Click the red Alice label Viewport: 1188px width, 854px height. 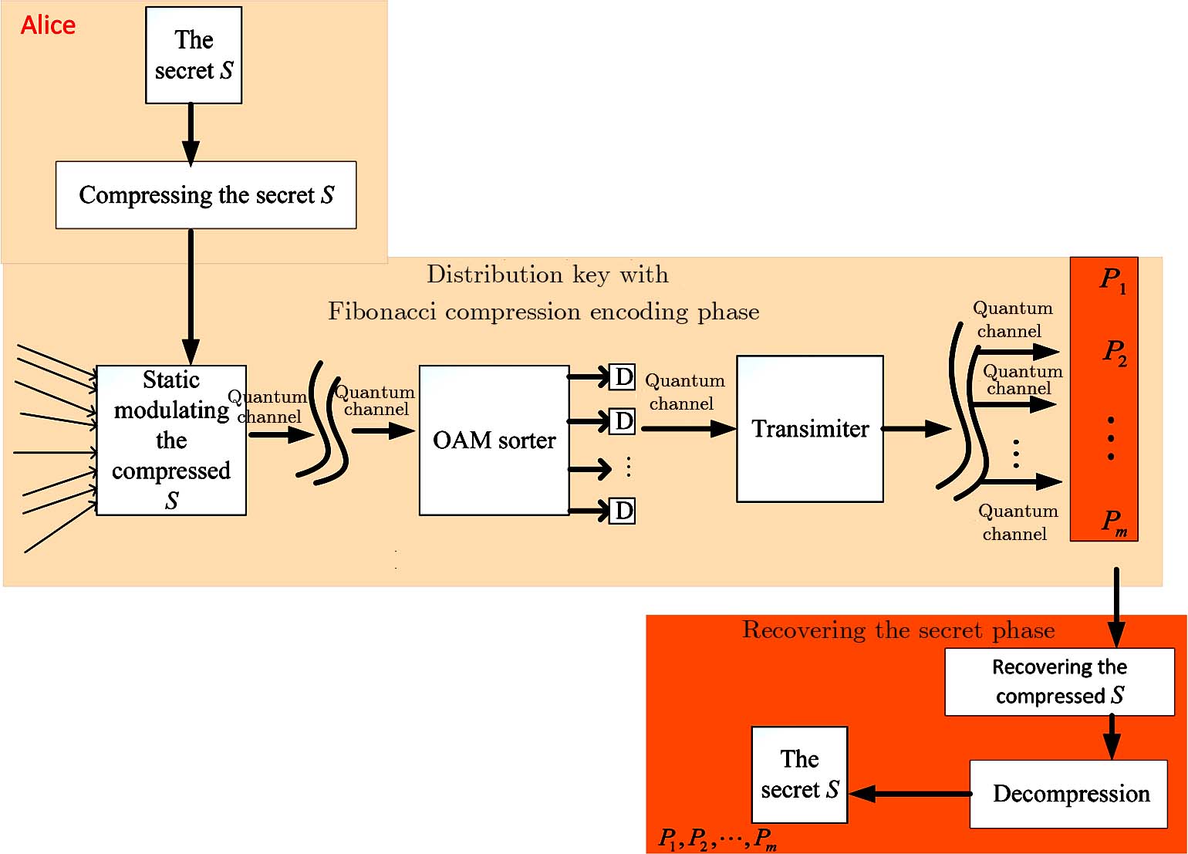[x=48, y=25]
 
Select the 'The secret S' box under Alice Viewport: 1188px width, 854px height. [x=194, y=56]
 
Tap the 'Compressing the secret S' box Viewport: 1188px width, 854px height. [x=206, y=195]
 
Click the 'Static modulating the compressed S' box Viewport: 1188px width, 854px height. [x=171, y=441]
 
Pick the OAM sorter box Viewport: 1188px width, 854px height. [x=494, y=441]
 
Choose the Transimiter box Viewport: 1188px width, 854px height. [x=810, y=429]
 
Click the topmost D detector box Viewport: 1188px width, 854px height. [x=623, y=377]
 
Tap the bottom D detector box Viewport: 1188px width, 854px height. [x=623, y=511]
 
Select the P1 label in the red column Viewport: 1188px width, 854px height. [x=1112, y=279]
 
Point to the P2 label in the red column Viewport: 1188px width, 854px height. [x=1114, y=352]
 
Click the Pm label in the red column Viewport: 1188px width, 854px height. [x=1114, y=522]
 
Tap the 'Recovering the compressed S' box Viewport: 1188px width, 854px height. [x=1059, y=682]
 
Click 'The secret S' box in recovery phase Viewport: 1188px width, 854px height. [x=799, y=775]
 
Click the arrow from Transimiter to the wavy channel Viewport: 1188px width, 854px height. [x=916, y=429]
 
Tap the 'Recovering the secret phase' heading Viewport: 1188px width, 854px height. [x=898, y=630]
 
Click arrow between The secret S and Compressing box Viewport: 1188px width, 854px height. [x=191, y=133]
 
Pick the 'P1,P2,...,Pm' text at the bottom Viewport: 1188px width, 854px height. [x=717, y=839]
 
